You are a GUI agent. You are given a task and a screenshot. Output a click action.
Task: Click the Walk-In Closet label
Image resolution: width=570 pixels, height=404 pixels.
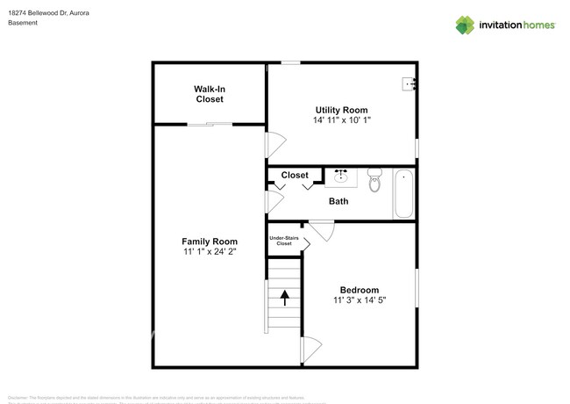209,94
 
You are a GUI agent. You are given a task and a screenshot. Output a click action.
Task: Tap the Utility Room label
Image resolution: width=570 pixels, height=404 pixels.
341,110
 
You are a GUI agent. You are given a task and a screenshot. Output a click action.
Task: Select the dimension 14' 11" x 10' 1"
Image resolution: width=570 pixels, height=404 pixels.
341,120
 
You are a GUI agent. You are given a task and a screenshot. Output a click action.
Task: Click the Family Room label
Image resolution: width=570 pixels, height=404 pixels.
210,242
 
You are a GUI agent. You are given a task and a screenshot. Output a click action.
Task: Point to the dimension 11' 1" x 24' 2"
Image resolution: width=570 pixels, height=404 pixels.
210,252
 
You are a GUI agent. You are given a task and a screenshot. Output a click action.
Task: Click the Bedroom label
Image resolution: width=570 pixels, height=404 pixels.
360,290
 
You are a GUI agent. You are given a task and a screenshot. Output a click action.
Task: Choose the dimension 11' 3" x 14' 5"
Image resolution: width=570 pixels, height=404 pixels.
360,300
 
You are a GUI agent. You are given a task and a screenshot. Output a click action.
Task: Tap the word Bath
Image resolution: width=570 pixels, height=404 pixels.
338,201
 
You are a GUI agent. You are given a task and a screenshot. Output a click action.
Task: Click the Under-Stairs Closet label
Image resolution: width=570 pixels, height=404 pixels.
281,240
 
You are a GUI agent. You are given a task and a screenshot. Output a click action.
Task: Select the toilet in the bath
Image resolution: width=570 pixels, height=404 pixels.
374,180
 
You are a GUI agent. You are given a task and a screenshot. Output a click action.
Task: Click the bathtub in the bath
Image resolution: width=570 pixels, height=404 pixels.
403,193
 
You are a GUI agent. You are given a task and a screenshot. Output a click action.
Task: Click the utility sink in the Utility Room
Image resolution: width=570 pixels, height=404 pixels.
409,84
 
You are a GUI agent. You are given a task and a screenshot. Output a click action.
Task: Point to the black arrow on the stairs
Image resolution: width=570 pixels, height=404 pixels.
284,297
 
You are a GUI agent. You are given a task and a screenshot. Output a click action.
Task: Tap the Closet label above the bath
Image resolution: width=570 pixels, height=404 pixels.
295,176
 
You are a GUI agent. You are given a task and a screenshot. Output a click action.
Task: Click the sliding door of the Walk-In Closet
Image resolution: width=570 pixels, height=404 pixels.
210,125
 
